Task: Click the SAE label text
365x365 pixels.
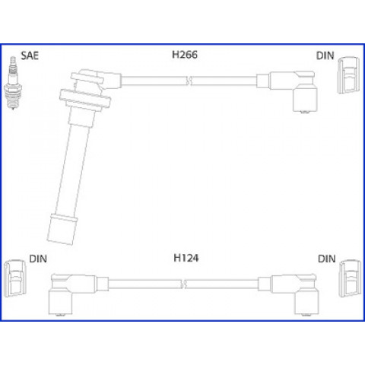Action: (x=30, y=56)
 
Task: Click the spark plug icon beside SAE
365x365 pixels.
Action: (x=13, y=83)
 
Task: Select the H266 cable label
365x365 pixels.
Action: (x=185, y=55)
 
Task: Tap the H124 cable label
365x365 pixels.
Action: (x=186, y=258)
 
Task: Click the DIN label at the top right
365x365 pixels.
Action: (x=325, y=56)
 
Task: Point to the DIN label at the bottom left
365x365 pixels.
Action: (x=38, y=259)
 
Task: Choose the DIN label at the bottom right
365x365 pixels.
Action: (x=327, y=259)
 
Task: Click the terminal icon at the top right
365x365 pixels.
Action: (x=349, y=75)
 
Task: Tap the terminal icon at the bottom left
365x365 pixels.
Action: (x=15, y=278)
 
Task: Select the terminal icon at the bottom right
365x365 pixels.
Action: (x=351, y=278)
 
